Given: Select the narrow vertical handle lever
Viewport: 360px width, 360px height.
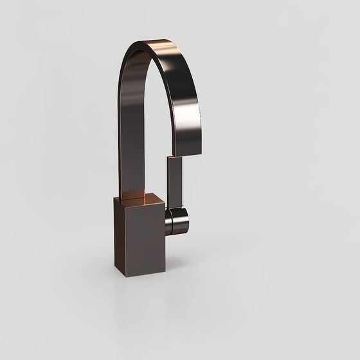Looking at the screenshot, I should tap(174, 183).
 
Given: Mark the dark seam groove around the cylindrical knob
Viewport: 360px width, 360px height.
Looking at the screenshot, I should tap(171, 221).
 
